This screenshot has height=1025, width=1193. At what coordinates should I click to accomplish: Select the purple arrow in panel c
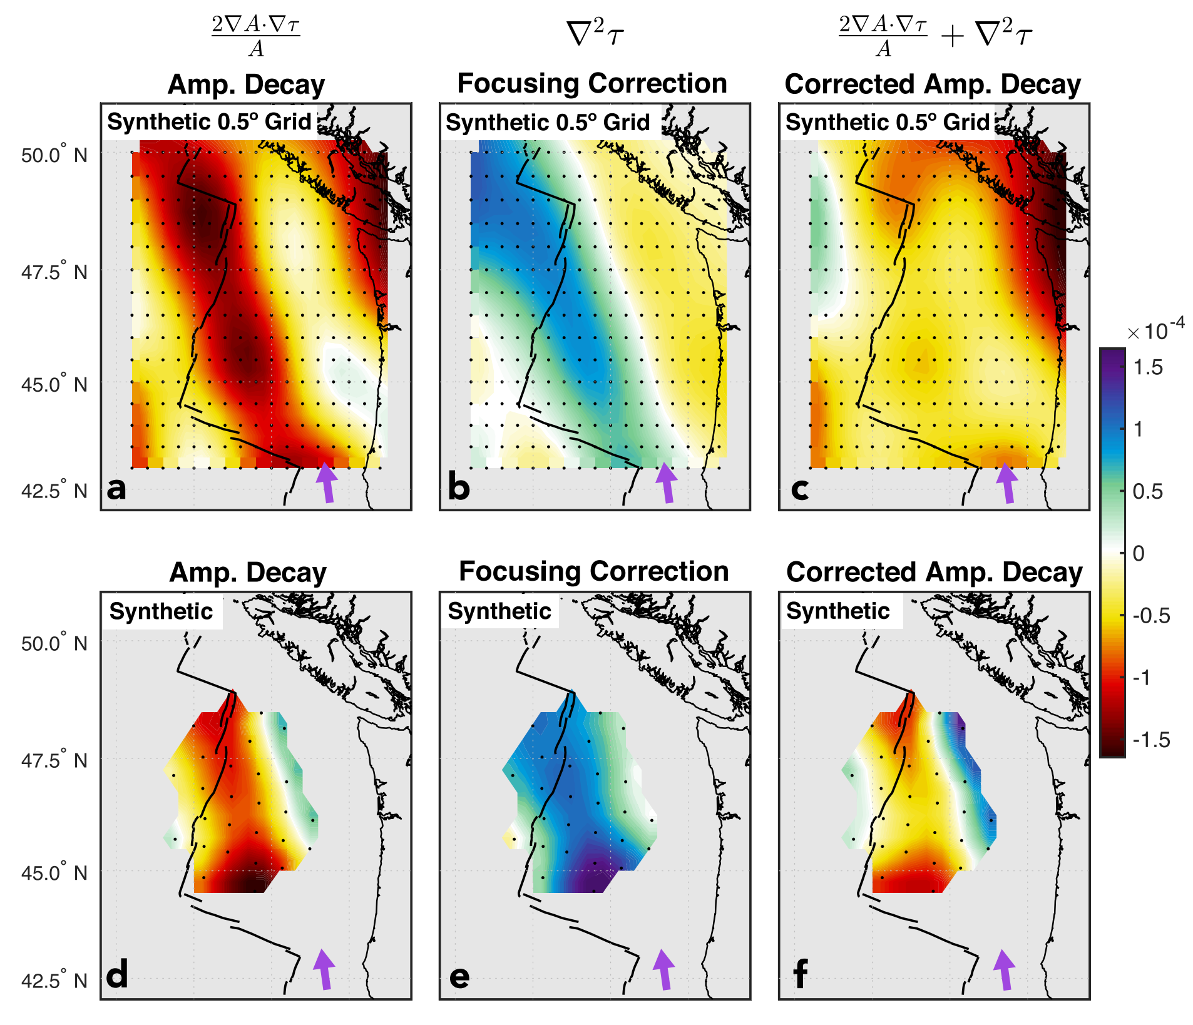tap(1006, 482)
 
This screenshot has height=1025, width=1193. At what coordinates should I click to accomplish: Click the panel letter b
tap(459, 487)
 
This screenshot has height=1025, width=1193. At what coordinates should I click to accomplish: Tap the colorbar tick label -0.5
tap(1151, 616)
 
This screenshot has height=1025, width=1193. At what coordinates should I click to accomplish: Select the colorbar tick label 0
tap(1139, 553)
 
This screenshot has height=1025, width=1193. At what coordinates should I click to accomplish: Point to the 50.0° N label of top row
tap(54, 155)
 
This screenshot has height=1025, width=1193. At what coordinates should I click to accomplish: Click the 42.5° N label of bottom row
tap(54, 980)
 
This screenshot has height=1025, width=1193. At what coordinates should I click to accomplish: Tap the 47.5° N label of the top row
tap(54, 273)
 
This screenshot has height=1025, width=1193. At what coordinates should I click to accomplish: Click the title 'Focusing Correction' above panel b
tap(592, 83)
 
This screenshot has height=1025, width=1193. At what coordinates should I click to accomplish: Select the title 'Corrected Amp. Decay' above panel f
tap(934, 572)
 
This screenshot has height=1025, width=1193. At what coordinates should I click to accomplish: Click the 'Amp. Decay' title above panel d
tap(248, 572)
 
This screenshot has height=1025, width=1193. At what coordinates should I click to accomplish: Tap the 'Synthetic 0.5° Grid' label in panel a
tap(209, 121)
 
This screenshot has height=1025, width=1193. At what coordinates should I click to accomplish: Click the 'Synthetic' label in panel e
tap(499, 611)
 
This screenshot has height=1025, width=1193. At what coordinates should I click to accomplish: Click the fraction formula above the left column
tap(255, 36)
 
